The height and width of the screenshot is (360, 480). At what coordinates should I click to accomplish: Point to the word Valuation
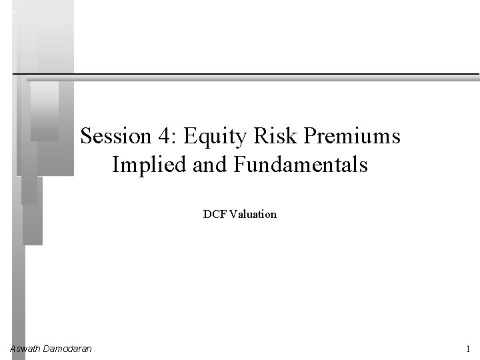click(253, 215)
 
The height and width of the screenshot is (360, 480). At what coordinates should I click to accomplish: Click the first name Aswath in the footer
click(25, 349)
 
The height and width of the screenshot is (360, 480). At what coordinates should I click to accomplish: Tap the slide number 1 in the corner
click(469, 349)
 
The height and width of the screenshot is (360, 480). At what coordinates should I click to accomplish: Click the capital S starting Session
click(86, 137)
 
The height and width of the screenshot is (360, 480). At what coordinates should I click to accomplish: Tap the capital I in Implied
click(116, 164)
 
